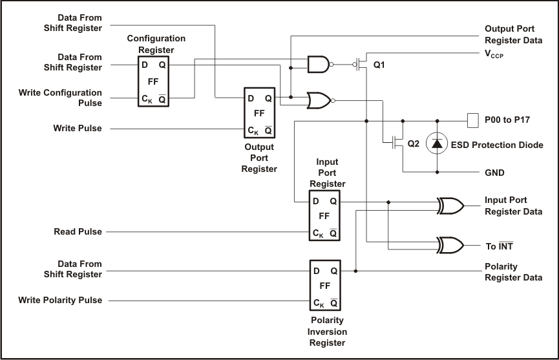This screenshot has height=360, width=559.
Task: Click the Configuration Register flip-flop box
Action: coord(153,81)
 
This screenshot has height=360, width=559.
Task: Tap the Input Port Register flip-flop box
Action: coord(325,215)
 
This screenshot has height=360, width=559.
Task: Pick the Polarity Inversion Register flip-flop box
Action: coord(325,285)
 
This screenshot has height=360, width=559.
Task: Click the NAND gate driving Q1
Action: coord(319,65)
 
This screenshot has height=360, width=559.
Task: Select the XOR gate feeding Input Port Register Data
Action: coord(450,206)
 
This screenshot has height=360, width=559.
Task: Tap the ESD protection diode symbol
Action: coord(438,145)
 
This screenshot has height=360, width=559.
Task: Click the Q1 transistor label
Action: coord(379,65)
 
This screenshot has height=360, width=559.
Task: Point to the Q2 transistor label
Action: coord(414,143)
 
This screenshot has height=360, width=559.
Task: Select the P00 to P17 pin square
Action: coord(472,120)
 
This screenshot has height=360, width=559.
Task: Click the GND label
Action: coord(494,173)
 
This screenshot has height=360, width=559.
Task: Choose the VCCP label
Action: coord(494,56)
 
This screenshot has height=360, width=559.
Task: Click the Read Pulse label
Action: coord(78,231)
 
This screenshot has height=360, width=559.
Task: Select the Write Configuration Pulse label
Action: coord(60,98)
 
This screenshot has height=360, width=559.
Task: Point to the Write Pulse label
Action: coord(78,128)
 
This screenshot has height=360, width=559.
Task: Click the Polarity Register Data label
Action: coord(513,272)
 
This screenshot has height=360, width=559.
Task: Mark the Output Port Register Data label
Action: coord(513,35)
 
